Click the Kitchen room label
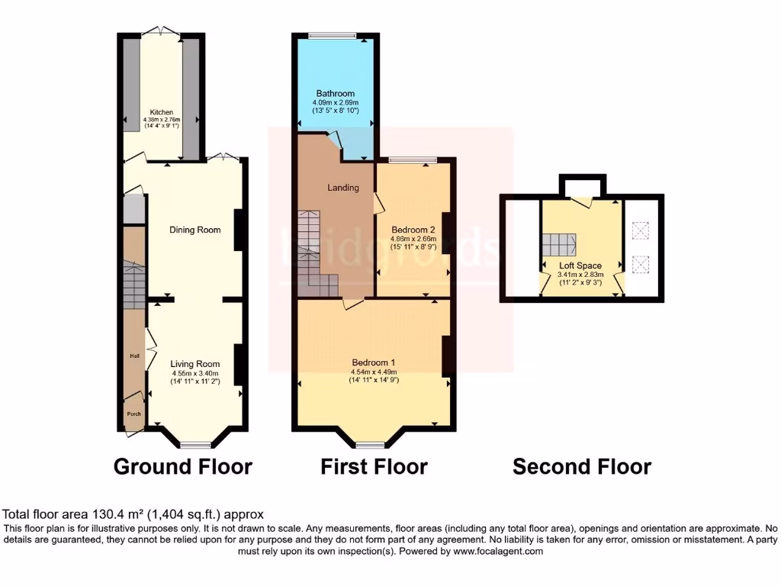(x=161, y=112)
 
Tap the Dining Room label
(x=194, y=230)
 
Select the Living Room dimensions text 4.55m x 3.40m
(x=194, y=373)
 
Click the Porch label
(x=133, y=414)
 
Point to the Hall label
(x=133, y=356)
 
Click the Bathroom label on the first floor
(x=336, y=94)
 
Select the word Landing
(x=343, y=188)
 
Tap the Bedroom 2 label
(x=413, y=230)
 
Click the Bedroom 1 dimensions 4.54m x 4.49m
(x=374, y=372)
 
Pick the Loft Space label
(x=580, y=266)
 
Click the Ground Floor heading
(x=183, y=466)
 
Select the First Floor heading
(x=374, y=466)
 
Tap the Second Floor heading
(x=581, y=466)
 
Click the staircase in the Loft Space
(x=559, y=246)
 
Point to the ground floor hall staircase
(x=133, y=286)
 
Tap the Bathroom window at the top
(x=333, y=35)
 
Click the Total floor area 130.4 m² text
(x=133, y=515)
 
